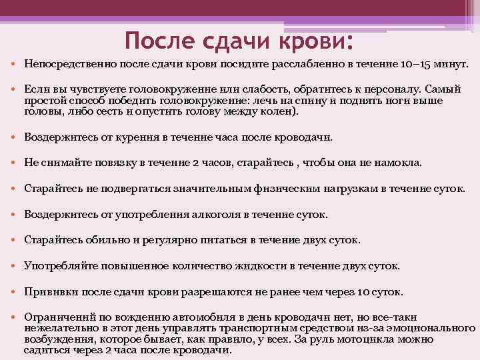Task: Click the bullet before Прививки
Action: click(x=15, y=291)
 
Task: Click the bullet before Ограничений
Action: click(x=15, y=317)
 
